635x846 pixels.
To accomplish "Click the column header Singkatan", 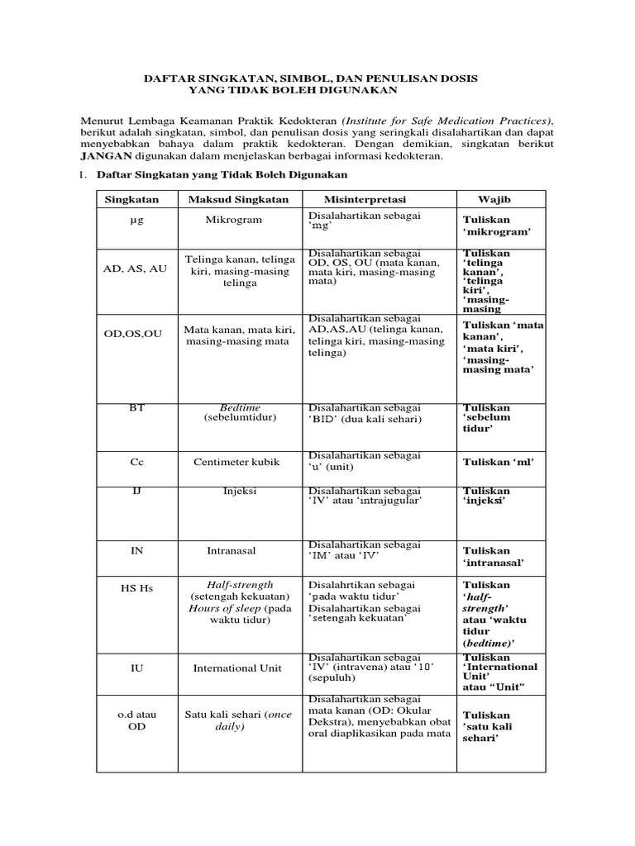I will (x=131, y=199).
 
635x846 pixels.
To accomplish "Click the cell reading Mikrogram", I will (x=234, y=221).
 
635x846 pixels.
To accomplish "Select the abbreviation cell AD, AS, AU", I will (x=135, y=269).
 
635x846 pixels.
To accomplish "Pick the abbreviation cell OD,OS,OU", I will (x=133, y=333).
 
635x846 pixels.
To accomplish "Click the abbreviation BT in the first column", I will (x=136, y=407).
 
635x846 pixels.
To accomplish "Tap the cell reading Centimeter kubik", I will (x=233, y=463).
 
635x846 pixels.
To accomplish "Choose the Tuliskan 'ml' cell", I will (x=499, y=461).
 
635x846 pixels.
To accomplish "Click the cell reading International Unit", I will (x=237, y=668).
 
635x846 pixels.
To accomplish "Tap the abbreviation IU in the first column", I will (x=137, y=668).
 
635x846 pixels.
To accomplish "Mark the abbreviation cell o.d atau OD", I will (x=136, y=720).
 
